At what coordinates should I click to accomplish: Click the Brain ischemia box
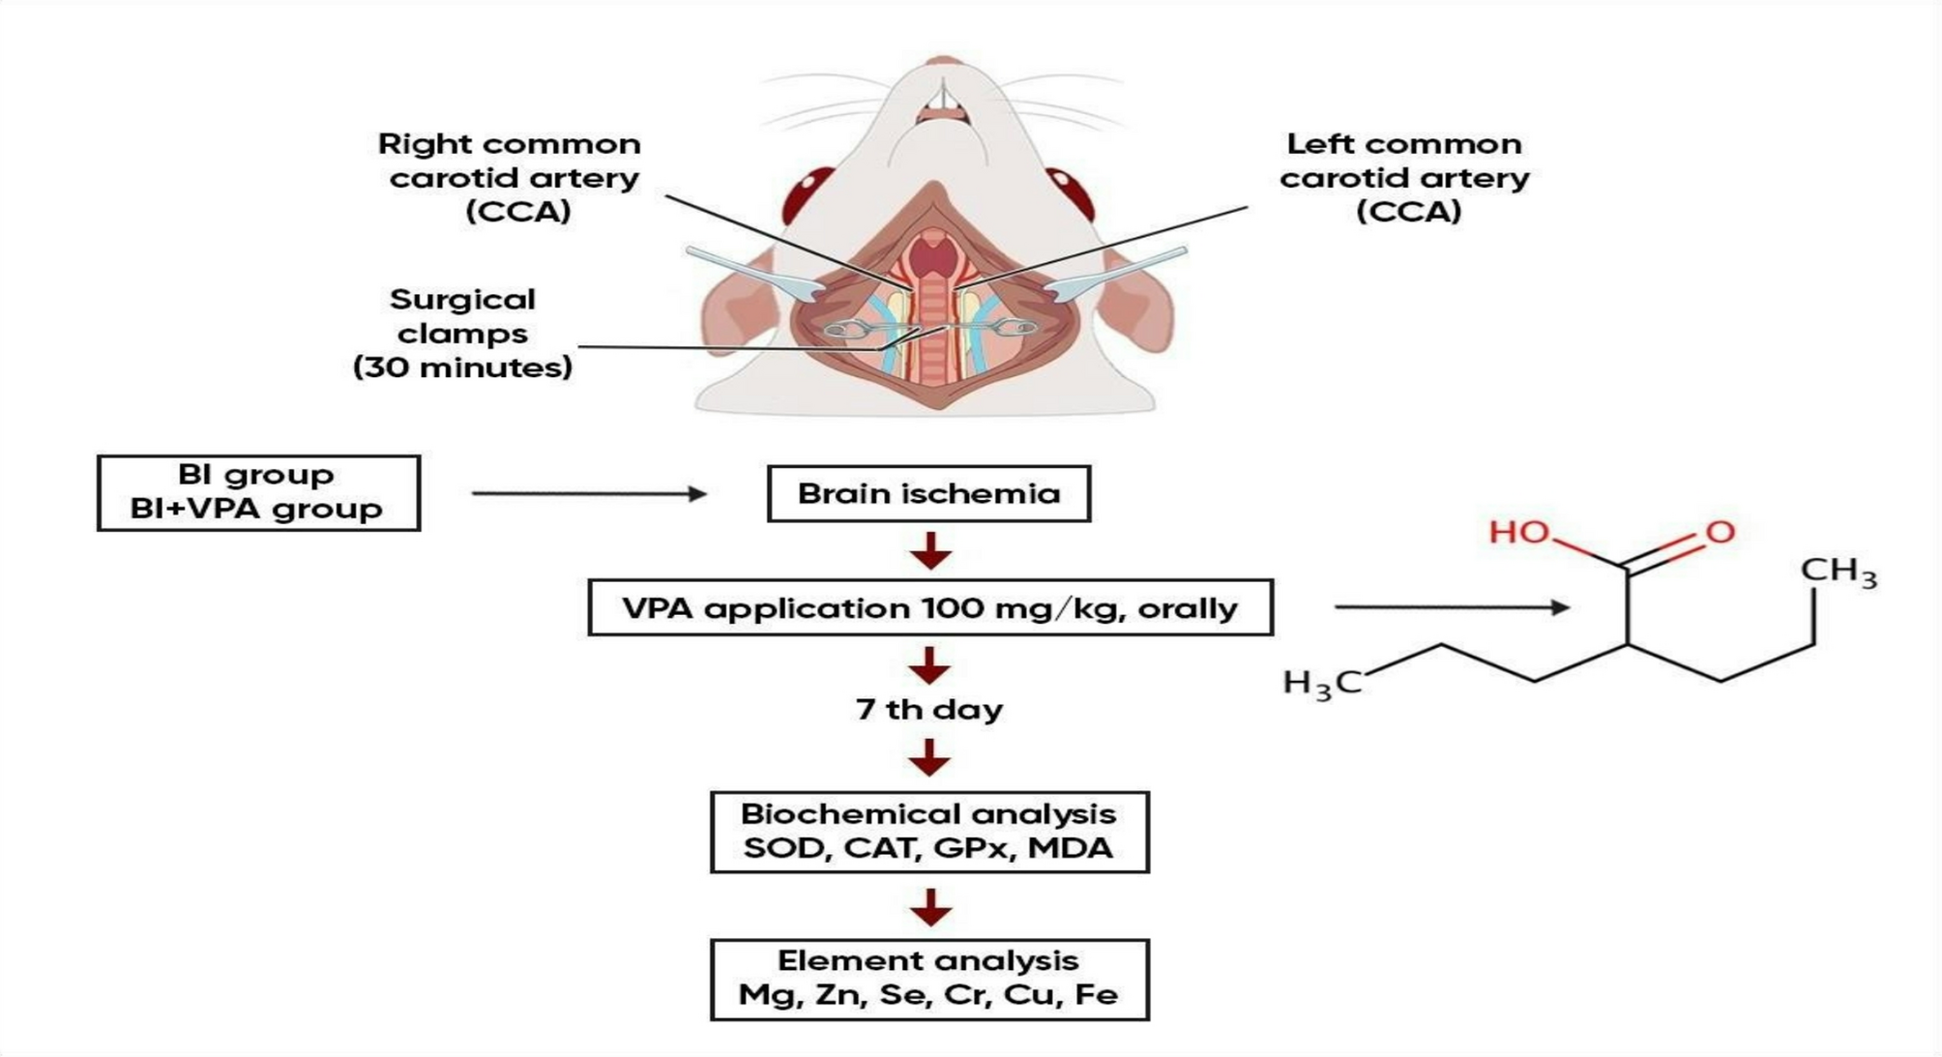pos(928,493)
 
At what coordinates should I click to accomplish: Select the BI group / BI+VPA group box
pos(258,492)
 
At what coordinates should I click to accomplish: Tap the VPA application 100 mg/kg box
pos(929,607)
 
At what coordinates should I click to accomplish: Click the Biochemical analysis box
pos(929,832)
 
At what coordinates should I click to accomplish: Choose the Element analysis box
pos(929,979)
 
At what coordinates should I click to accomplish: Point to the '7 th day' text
pos(929,709)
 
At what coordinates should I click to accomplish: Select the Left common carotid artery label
pos(1404,177)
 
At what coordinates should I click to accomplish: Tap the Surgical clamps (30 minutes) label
pos(462,333)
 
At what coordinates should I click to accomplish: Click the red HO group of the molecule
pos(1517,532)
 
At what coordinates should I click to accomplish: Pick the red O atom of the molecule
pos(1721,532)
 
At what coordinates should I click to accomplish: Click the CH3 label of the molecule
pos(1838,572)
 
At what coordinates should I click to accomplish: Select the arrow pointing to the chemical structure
pos(1451,607)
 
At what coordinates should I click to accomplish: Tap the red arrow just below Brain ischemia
pos(929,550)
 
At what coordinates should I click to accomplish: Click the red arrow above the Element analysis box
pos(929,906)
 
